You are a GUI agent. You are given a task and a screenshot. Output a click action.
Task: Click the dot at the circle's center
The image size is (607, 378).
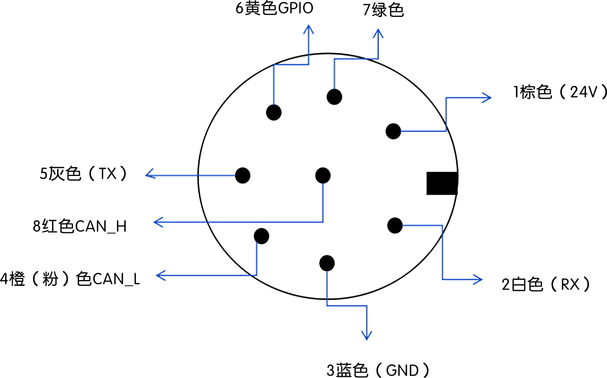323,176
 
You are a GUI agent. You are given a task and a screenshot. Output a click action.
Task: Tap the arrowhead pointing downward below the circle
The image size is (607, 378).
367,337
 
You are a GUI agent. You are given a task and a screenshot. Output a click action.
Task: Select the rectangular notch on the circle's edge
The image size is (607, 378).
441,183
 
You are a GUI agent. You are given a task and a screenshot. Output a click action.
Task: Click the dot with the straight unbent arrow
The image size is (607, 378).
243,176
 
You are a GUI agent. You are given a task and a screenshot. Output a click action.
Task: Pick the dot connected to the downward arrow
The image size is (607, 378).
327,263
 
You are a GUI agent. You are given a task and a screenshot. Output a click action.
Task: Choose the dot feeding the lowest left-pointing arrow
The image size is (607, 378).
261,236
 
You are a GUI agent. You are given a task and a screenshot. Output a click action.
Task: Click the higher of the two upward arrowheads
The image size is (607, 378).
308,28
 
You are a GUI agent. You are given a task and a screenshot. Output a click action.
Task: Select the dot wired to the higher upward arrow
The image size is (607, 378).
274,112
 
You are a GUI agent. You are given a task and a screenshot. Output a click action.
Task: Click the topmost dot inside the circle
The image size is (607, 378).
334,97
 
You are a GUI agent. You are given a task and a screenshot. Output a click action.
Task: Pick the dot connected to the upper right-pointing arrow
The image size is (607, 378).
393,131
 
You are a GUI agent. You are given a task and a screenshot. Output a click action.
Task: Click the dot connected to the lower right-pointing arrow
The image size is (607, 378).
395,225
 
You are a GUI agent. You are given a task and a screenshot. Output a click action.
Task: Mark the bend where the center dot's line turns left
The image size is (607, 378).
323,222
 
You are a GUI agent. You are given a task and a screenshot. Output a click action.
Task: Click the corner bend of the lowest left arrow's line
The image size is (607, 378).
256,275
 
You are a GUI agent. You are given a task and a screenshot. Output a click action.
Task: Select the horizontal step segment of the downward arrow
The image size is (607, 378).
347,306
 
